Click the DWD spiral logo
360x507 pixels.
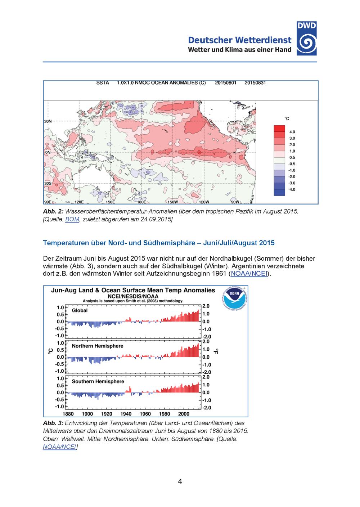[307, 43]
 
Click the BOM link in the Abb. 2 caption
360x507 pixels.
[72, 219]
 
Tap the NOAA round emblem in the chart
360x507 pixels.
[234, 299]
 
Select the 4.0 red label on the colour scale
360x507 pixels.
[292, 132]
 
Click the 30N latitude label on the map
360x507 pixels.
[48, 121]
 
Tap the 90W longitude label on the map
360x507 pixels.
[235, 202]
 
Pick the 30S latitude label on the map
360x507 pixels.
[48, 183]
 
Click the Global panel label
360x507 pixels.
[80, 310]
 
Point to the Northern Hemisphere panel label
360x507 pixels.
[97, 346]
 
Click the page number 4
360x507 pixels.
[180, 481]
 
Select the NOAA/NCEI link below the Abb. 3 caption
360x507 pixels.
[59, 447]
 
